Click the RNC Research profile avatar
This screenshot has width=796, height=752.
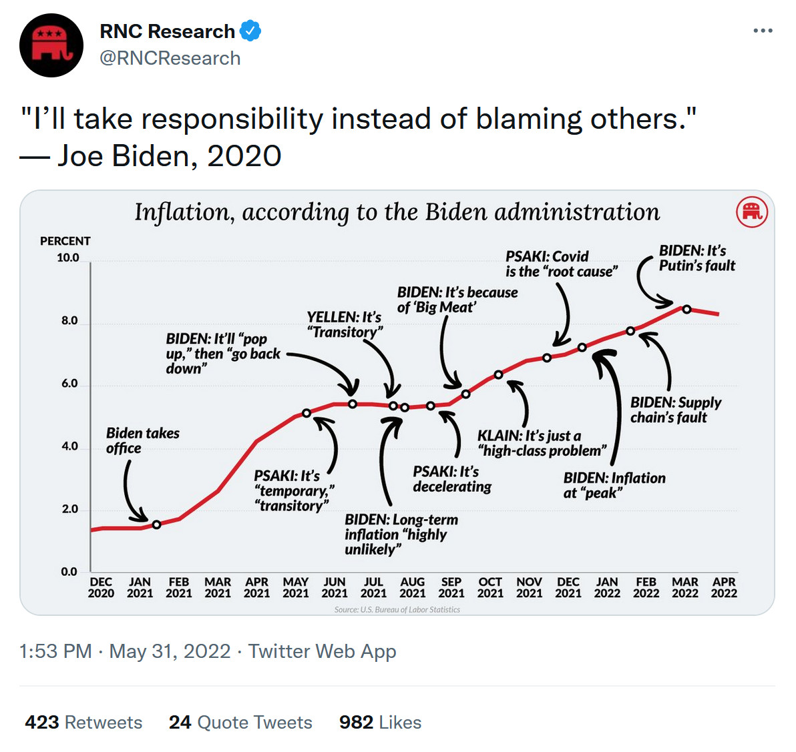(51, 45)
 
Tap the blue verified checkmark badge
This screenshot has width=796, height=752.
(250, 31)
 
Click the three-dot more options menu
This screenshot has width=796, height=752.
(763, 31)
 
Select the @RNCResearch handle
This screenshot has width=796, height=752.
(170, 59)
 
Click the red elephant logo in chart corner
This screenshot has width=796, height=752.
(751, 212)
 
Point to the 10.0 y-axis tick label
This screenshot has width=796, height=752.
(68, 258)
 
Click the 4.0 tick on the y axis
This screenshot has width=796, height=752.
(70, 446)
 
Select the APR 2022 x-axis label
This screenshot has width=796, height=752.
(724, 587)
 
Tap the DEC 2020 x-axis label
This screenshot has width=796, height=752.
(101, 587)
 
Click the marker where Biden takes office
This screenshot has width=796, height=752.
(157, 524)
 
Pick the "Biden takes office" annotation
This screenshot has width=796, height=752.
(142, 440)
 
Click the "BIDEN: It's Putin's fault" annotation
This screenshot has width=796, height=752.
(696, 258)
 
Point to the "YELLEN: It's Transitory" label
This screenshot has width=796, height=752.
(345, 324)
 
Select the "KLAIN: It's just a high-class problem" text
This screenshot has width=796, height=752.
(542, 443)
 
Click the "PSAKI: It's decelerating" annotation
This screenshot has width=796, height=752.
(452, 479)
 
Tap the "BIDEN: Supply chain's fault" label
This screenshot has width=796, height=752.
(676, 410)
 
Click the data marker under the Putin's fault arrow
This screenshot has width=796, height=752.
(686, 310)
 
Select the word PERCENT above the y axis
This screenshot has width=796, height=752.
(65, 241)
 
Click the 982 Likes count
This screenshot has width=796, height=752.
(380, 723)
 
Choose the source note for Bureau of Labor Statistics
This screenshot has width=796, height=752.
(397, 609)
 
